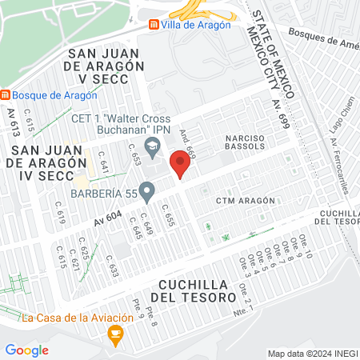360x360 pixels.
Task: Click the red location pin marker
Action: coord(181,166)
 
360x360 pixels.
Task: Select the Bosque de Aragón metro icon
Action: coord(6,95)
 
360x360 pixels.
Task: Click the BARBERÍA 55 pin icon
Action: coord(146,190)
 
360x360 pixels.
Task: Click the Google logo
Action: coord(26,350)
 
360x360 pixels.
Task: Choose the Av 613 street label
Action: coord(14,123)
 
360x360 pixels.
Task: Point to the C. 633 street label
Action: coord(112,270)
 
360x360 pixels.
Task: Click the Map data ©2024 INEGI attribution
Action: coord(312,354)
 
